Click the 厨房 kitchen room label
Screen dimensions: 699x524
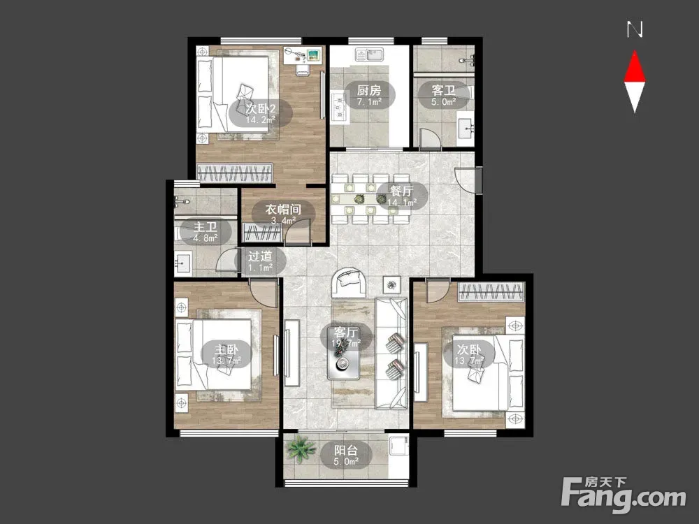[x=368, y=90]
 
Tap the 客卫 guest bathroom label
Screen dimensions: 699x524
[x=443, y=90]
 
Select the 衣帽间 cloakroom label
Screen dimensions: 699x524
[x=283, y=209]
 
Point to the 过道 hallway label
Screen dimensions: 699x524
[x=260, y=256]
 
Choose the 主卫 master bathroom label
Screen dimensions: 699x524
[x=206, y=227]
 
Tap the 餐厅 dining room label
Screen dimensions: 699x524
[x=401, y=191]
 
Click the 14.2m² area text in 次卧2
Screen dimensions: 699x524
[x=260, y=119]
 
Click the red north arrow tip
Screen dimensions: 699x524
[x=635, y=52]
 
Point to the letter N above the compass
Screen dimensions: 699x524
[x=635, y=30]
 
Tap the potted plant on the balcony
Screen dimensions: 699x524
[x=302, y=449]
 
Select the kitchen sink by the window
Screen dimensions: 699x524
[x=370, y=55]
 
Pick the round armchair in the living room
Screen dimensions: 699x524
[x=349, y=282]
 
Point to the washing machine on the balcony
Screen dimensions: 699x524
[x=399, y=446]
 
